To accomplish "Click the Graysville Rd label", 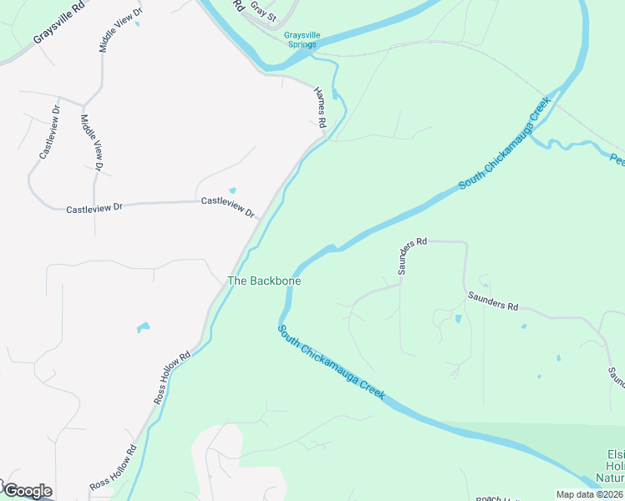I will click(x=60, y=28).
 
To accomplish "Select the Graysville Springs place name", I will click(x=300, y=39).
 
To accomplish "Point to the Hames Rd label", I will click(x=319, y=107).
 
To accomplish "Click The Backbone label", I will click(x=264, y=281).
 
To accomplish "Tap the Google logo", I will click(x=27, y=491).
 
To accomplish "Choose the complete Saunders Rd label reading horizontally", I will click(x=493, y=300).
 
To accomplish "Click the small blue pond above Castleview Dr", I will click(x=232, y=190).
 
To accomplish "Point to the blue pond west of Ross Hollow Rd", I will click(x=143, y=327).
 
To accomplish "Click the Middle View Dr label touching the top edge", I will click(x=119, y=29).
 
